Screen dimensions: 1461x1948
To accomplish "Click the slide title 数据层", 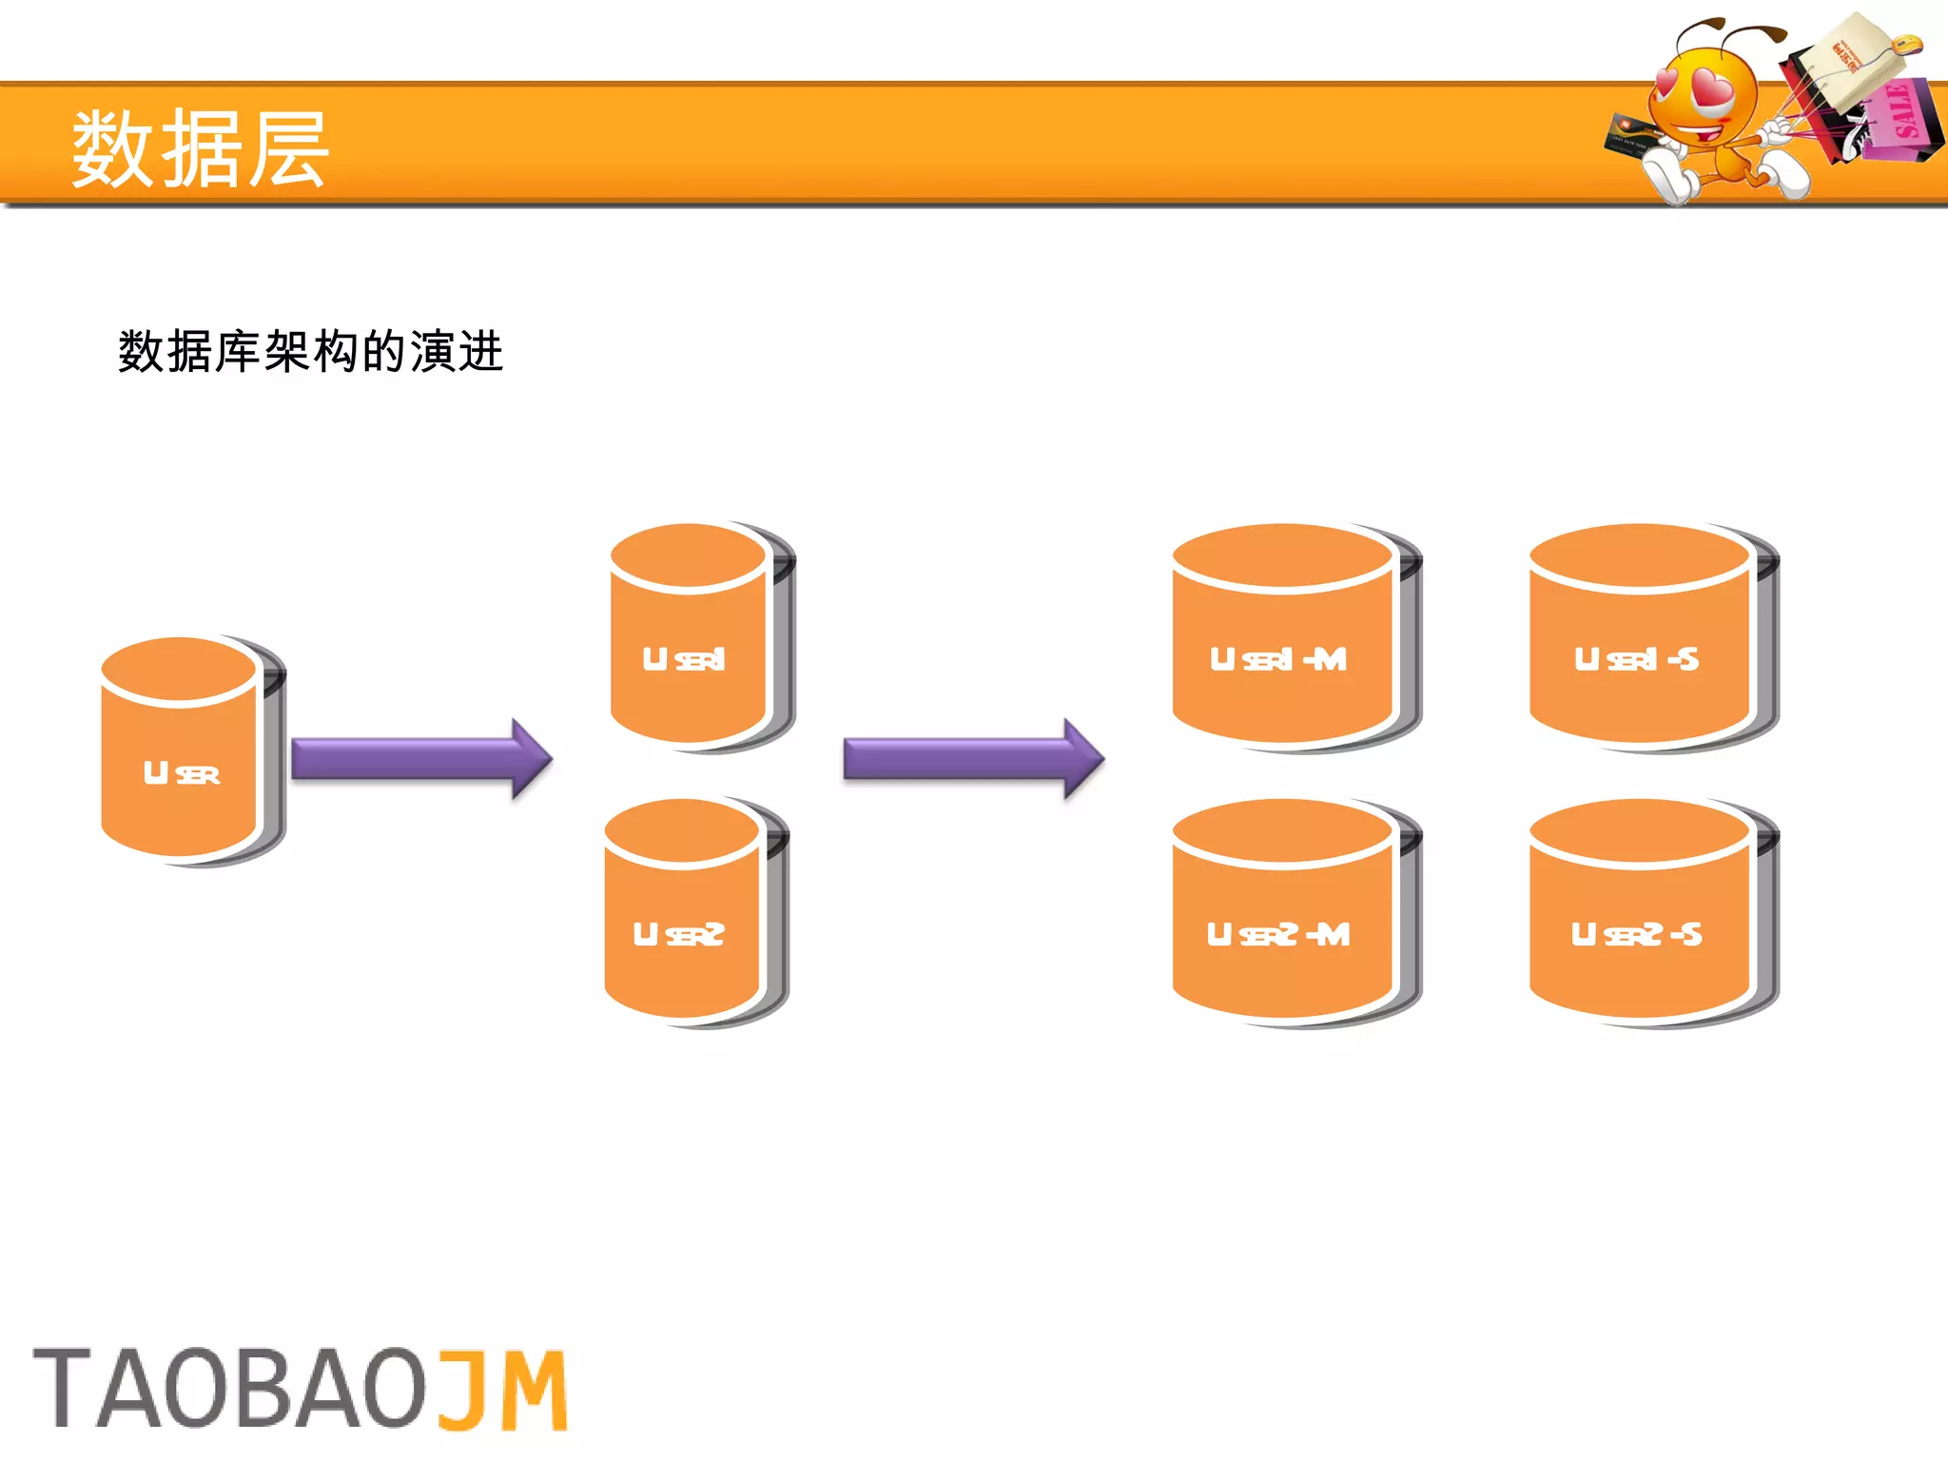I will pyautogui.click(x=200, y=148).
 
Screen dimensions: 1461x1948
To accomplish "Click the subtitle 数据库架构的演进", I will pyautogui.click(x=310, y=352).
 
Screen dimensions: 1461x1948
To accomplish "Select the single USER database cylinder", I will pyautogui.click(x=186, y=751).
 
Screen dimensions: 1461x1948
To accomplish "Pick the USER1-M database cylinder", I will pyautogui.click(x=1290, y=637).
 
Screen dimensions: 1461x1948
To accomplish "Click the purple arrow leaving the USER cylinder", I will pyautogui.click(x=419, y=759).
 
